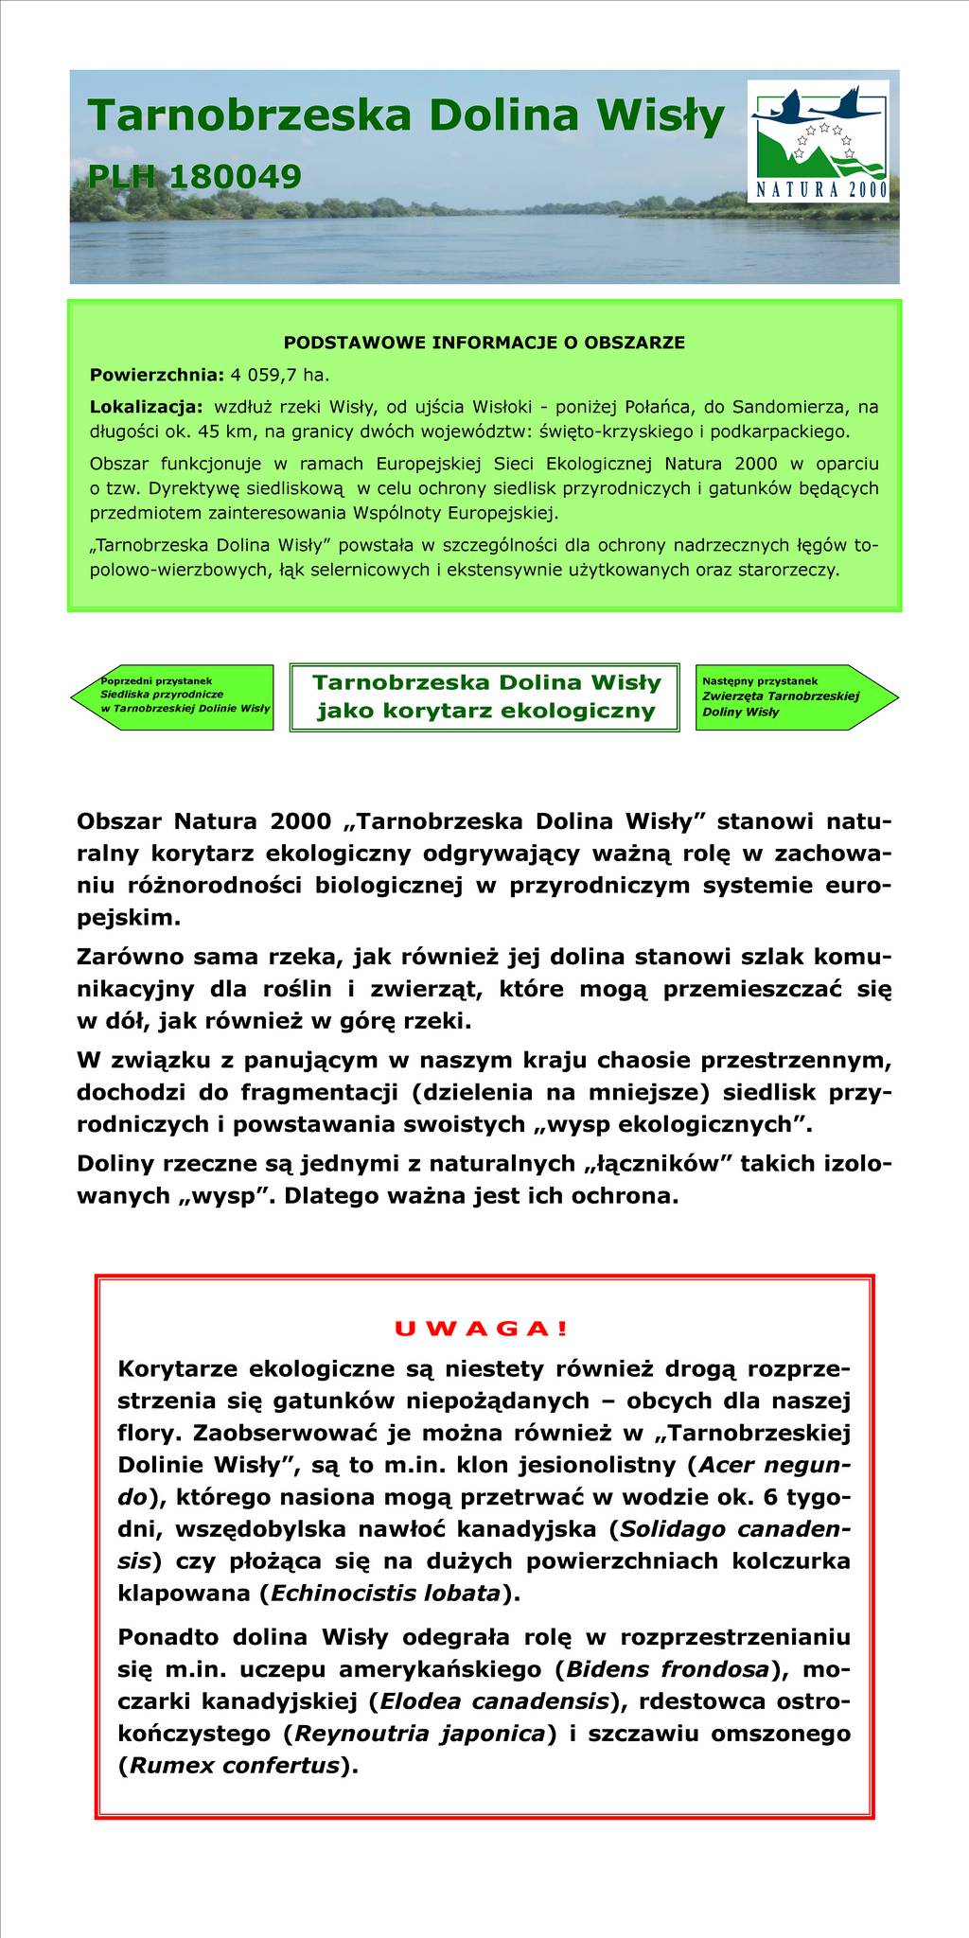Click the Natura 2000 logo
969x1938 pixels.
click(x=818, y=140)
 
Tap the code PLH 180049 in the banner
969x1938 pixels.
click(x=195, y=176)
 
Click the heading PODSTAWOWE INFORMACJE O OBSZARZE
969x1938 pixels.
click(x=484, y=343)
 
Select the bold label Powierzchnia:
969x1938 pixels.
click(x=156, y=375)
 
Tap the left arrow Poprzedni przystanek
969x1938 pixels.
click(x=175, y=696)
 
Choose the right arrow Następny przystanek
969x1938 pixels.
click(x=790, y=696)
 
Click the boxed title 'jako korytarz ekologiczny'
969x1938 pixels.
click(x=485, y=711)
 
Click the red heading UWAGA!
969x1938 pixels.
click(x=482, y=1329)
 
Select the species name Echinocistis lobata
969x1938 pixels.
click(x=385, y=1593)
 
